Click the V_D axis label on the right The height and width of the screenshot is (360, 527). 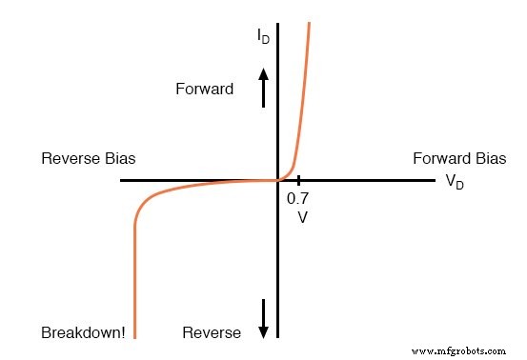click(x=455, y=182)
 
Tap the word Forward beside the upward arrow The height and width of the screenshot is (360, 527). click(x=204, y=90)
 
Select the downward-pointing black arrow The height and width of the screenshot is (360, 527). click(x=264, y=316)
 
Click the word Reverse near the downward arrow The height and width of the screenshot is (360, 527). click(x=212, y=333)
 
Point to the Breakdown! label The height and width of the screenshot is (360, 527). click(x=81, y=333)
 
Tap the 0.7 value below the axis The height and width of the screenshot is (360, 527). click(x=297, y=199)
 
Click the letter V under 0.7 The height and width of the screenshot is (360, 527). click(x=301, y=217)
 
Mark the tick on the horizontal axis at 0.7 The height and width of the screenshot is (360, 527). click(x=298, y=180)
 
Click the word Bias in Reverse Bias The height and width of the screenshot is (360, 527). click(x=132, y=158)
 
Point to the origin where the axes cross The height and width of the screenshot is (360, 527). click(x=277, y=180)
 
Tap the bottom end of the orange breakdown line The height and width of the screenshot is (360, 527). click(x=134, y=336)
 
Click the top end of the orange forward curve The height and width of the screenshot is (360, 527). click(x=309, y=22)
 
